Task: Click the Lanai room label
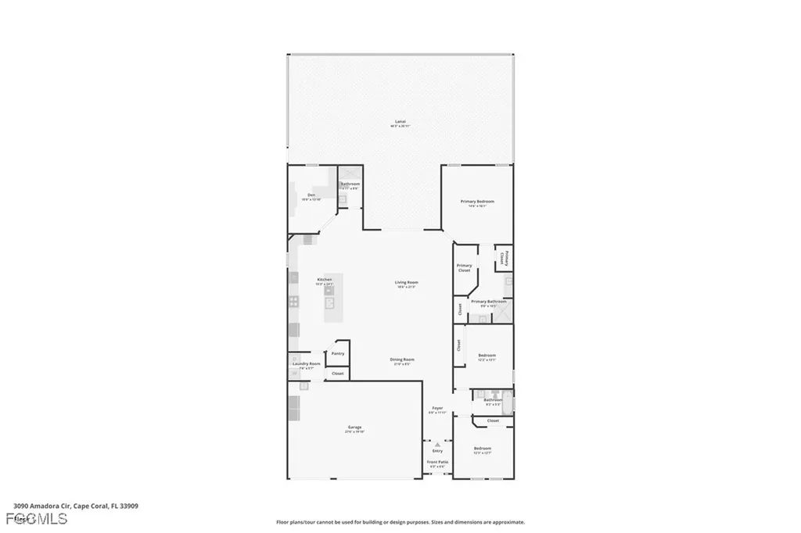tap(400, 122)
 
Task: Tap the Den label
tap(311, 195)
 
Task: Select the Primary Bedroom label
tap(482, 202)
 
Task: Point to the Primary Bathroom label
tap(488, 302)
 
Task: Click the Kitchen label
tap(324, 280)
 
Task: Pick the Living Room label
tap(406, 282)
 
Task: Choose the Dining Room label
tap(402, 360)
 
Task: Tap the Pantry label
tap(338, 353)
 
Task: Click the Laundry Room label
tap(306, 363)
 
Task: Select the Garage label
tap(354, 427)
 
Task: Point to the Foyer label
tap(437, 408)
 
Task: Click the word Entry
tap(437, 450)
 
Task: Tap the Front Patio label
tap(437, 462)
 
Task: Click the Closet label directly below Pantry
tap(338, 374)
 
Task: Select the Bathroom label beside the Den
tap(350, 184)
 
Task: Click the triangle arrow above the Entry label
tap(437, 444)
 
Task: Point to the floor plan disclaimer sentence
tap(400, 522)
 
